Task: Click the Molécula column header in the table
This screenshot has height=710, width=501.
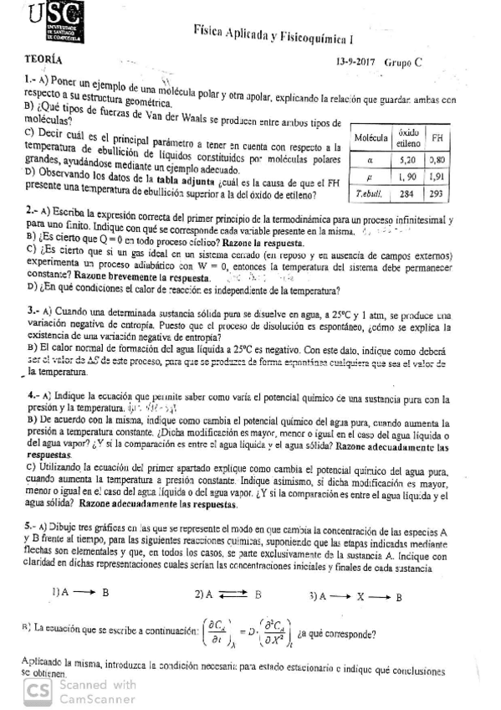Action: coord(370,137)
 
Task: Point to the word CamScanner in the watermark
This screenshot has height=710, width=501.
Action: coord(89,697)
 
